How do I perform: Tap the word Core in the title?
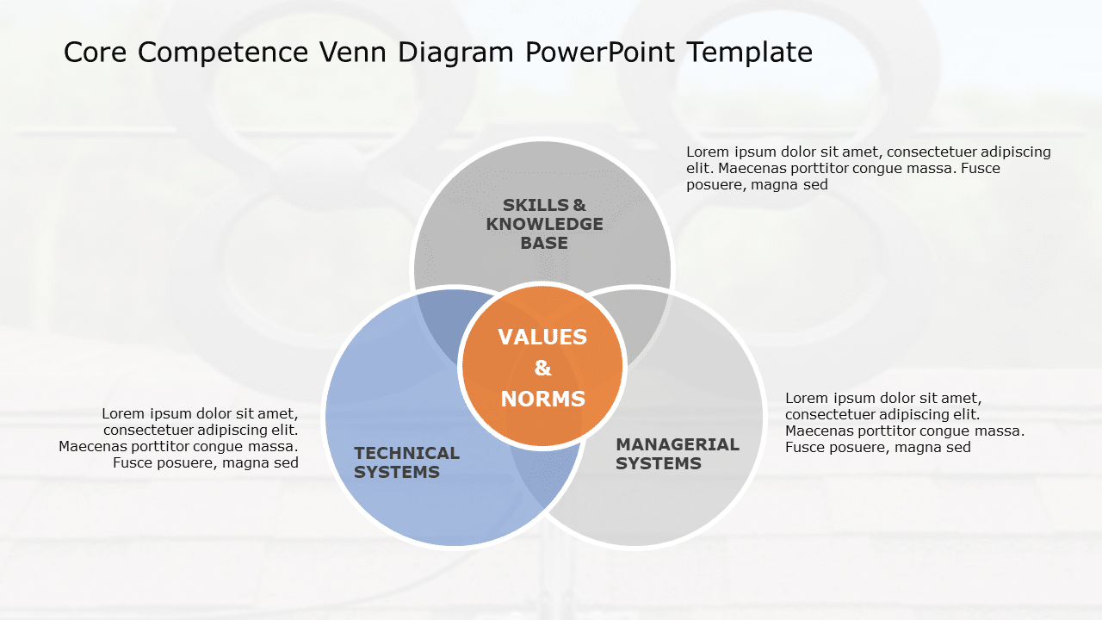[96, 53]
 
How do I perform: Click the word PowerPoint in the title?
[601, 53]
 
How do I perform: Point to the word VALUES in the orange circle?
[542, 337]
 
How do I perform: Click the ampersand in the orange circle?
[542, 369]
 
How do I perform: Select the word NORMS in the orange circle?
[542, 400]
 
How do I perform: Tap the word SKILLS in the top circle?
[536, 205]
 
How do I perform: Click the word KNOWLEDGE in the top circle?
[544, 224]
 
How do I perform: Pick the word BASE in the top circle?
[544, 243]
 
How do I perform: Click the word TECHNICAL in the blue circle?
[406, 453]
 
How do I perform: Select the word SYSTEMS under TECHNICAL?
[397, 472]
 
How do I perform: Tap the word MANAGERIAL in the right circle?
[678, 444]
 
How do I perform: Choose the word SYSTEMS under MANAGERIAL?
[659, 463]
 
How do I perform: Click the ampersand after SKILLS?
[579, 205]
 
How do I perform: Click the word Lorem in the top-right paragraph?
[708, 152]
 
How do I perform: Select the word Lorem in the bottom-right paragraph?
[807, 398]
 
